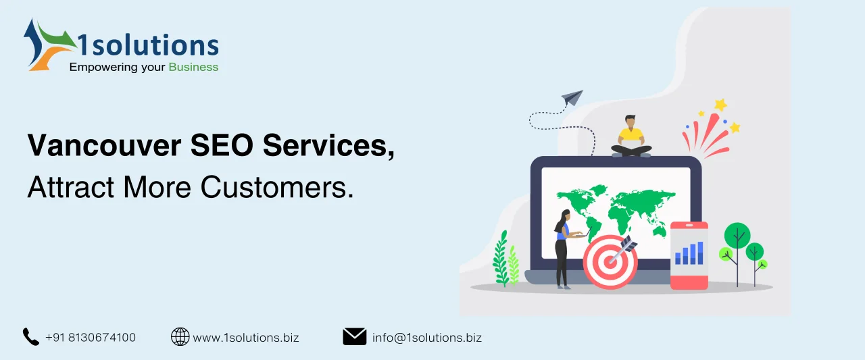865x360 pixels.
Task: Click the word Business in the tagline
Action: pos(193,67)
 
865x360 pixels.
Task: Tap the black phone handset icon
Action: pos(31,336)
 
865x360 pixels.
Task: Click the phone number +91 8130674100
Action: pos(91,337)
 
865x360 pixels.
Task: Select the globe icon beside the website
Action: pos(180,336)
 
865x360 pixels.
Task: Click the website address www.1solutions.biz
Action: pos(246,337)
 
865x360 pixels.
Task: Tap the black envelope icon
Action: pos(355,336)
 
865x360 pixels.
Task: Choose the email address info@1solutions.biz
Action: pos(427,337)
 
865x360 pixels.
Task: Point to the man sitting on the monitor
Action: pos(631,136)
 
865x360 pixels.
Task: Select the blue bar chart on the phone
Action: pos(689,253)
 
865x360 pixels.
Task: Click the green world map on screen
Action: pos(615,206)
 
